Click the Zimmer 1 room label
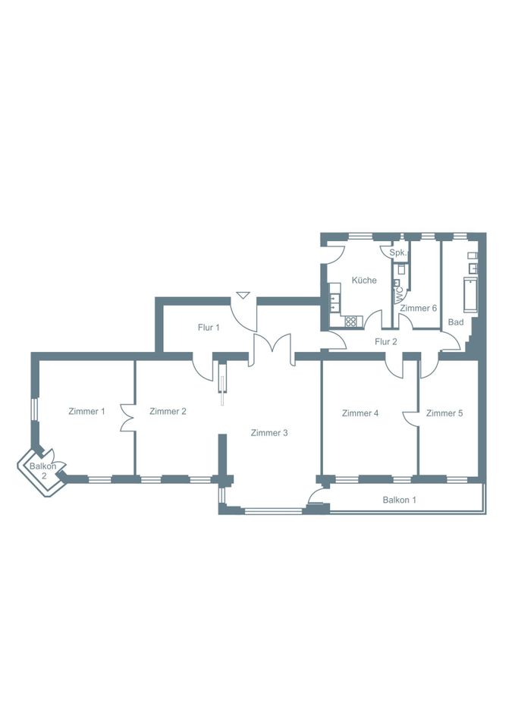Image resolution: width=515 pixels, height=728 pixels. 86,411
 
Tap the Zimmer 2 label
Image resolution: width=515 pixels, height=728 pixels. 168,411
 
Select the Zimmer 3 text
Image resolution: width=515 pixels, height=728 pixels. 269,433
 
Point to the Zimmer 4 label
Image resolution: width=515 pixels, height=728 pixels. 360,413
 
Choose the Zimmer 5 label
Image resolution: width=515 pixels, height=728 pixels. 444,413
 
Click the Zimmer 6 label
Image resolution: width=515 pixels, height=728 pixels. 419,308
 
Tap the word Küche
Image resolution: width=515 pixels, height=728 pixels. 364,281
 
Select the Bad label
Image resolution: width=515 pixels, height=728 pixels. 456,322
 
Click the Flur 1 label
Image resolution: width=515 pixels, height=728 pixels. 209,328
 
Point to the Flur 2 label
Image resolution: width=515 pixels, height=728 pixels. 386,342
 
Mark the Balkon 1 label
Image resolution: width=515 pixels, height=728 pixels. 400,500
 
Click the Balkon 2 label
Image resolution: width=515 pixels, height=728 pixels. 43,471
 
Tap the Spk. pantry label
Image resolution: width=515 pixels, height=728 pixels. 398,253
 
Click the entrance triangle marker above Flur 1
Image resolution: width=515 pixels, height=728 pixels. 243,295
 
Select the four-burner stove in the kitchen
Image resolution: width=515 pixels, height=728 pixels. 351,321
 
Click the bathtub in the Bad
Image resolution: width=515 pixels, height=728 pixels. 470,294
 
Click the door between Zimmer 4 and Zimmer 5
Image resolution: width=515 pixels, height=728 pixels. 411,417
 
